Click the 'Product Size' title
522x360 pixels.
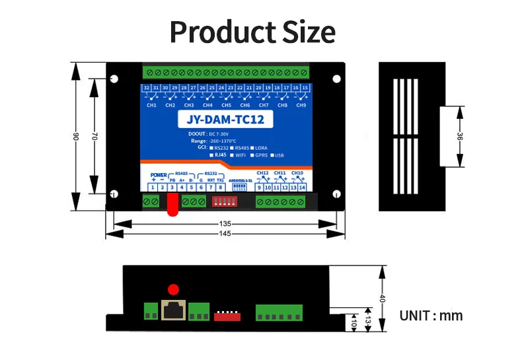pyautogui.click(x=252, y=31)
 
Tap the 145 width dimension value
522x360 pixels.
pyautogui.click(x=225, y=234)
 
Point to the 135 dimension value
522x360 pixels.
pyautogui.click(x=225, y=224)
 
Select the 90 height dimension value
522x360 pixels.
pyautogui.click(x=77, y=136)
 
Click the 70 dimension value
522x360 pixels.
pyautogui.click(x=94, y=136)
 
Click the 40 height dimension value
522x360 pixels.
pyautogui.click(x=381, y=298)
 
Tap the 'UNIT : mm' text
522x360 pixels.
pyautogui.click(x=431, y=316)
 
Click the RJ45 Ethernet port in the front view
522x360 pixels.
pyautogui.click(x=173, y=310)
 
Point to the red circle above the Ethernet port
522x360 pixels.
pyautogui.click(x=173, y=289)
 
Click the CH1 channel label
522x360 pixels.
pyautogui.click(x=151, y=105)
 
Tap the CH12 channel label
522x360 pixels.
pyautogui.click(x=263, y=173)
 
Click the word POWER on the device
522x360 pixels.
pyautogui.click(x=159, y=174)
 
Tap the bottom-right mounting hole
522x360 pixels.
pyautogui.click(x=336, y=194)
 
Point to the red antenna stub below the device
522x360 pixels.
pyautogui.click(x=172, y=207)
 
